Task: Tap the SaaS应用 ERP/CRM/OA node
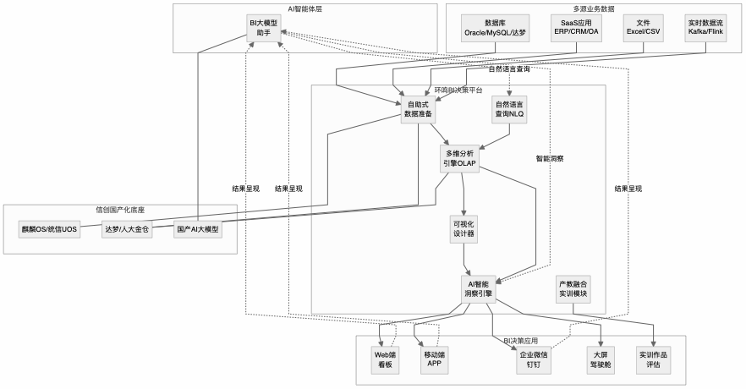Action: (576, 26)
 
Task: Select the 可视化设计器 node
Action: (464, 228)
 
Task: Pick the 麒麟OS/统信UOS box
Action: (48, 228)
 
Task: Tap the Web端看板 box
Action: (386, 361)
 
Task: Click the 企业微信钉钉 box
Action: (535, 361)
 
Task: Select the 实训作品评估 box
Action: (654, 361)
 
